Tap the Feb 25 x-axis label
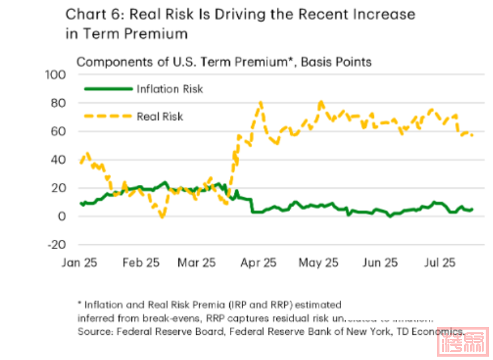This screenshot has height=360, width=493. coord(141,262)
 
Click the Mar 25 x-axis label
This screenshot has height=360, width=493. coord(197,262)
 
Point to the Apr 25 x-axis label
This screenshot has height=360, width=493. coord(258,262)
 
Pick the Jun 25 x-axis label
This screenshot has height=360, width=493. coord(381,262)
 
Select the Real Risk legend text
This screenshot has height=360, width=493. coord(160,117)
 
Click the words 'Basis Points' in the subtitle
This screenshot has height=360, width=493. coord(338,62)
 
